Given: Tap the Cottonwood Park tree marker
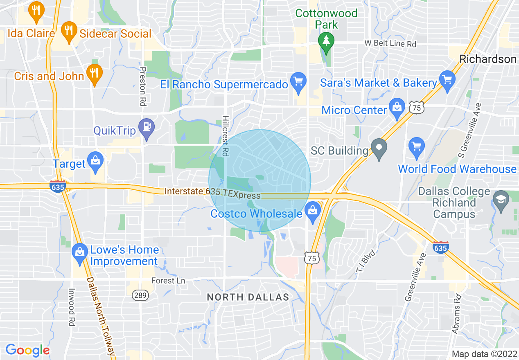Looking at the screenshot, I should (326, 42).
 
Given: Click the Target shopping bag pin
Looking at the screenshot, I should (96, 161).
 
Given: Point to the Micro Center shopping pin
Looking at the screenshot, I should (397, 108).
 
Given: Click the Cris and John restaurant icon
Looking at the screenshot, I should (95, 74).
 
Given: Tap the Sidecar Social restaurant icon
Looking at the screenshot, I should (68, 31).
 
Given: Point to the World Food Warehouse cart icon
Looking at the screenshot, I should (417, 146).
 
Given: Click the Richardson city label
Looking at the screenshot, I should (488, 59).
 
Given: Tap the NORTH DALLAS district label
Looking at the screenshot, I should (248, 297).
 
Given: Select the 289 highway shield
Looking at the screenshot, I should (140, 295).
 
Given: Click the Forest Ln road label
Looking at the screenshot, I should (168, 281).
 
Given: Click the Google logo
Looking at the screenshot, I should (27, 350).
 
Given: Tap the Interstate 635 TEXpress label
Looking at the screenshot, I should (212, 193).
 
